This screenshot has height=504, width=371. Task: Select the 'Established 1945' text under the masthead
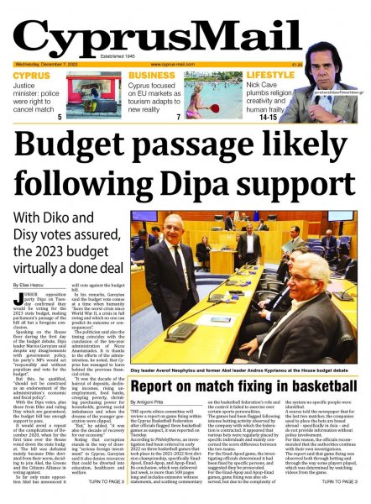186,57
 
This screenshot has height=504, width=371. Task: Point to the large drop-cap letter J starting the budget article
18,322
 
